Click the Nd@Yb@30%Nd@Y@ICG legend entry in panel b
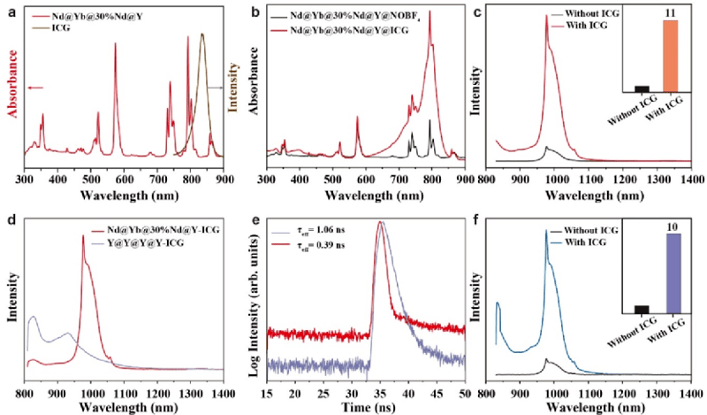[x=372, y=30]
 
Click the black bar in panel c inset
[x=642, y=88]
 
